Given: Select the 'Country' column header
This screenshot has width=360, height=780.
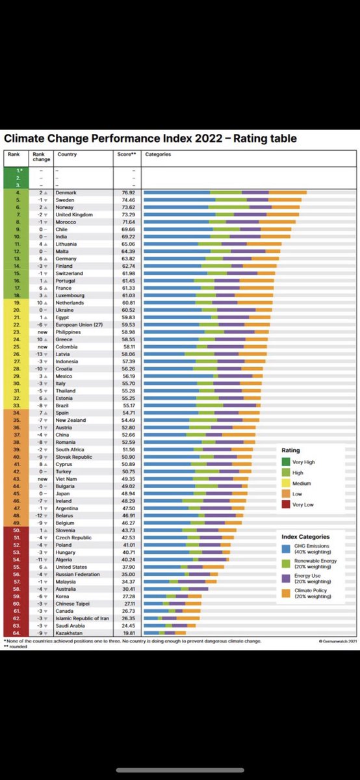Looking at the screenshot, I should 67,155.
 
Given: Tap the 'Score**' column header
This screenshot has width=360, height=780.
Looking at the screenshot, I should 125,155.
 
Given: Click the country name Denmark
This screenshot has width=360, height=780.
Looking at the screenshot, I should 66,192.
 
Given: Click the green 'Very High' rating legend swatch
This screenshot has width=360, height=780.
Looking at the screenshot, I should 287,461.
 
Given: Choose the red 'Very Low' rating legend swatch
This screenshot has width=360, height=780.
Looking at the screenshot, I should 287,505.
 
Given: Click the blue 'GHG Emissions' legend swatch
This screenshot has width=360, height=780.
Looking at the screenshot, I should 287,548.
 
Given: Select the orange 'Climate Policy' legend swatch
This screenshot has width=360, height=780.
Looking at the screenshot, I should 287,592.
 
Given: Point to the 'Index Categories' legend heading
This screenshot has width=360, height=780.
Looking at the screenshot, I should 306,536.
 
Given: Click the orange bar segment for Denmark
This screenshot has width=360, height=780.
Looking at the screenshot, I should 287,192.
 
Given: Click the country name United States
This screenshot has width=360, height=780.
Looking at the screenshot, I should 72,566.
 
